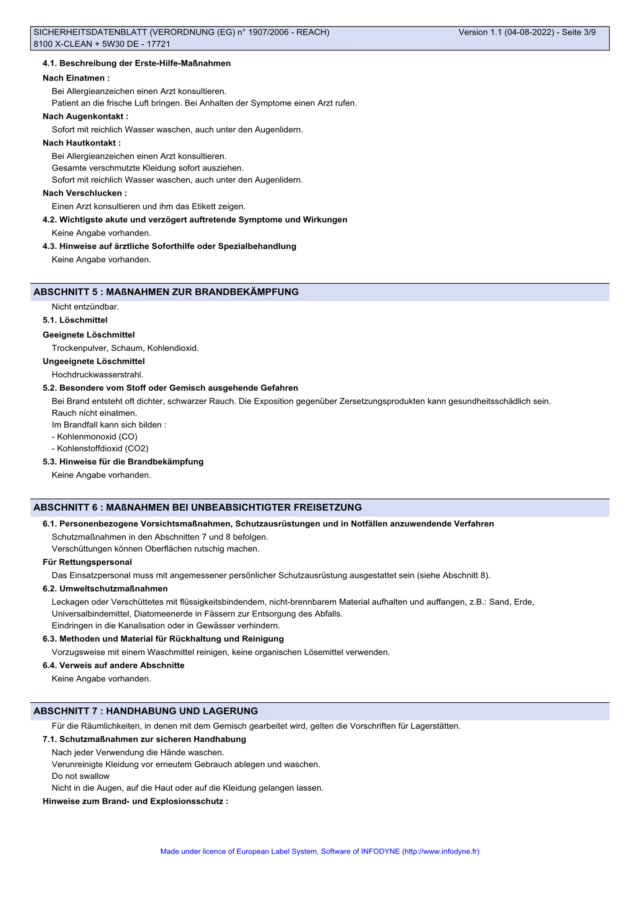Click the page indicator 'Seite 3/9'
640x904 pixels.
tap(578, 32)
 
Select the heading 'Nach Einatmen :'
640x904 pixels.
tap(76, 78)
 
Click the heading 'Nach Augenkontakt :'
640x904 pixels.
tap(85, 116)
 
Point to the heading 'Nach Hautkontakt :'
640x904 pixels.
tap(81, 143)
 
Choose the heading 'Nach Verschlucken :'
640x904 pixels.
tap(85, 193)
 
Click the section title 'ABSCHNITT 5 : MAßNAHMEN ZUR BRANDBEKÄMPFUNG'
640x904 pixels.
tap(166, 292)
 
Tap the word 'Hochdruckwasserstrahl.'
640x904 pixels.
tap(97, 375)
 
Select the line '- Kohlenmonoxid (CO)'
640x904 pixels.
tap(94, 437)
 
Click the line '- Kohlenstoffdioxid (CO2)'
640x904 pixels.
tap(100, 449)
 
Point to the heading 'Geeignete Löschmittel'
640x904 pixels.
tap(89, 335)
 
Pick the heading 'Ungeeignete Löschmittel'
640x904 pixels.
tap(93, 362)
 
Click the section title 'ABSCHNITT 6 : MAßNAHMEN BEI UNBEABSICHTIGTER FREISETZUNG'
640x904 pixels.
tap(198, 507)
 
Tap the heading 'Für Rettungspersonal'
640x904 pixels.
tap(87, 562)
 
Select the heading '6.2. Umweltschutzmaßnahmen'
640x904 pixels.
tap(105, 589)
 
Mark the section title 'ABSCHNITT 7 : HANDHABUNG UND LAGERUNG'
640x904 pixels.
tap(146, 711)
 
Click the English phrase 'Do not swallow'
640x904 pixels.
tap(81, 776)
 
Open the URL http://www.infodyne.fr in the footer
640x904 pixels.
tap(441, 851)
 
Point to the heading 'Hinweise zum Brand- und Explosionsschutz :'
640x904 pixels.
tap(136, 801)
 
